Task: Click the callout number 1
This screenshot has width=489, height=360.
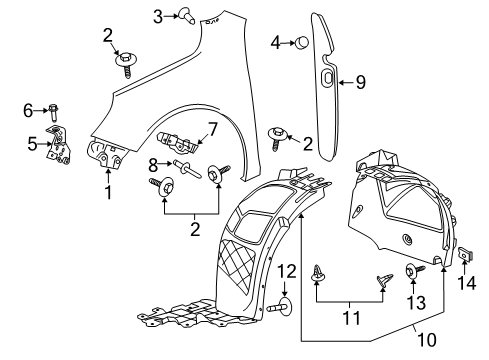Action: tap(108, 192)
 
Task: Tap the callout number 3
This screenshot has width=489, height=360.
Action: tap(158, 15)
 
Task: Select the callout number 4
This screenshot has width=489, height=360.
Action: tap(275, 42)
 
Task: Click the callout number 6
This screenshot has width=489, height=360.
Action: tap(27, 109)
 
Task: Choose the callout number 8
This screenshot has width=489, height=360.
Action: tap(153, 166)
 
